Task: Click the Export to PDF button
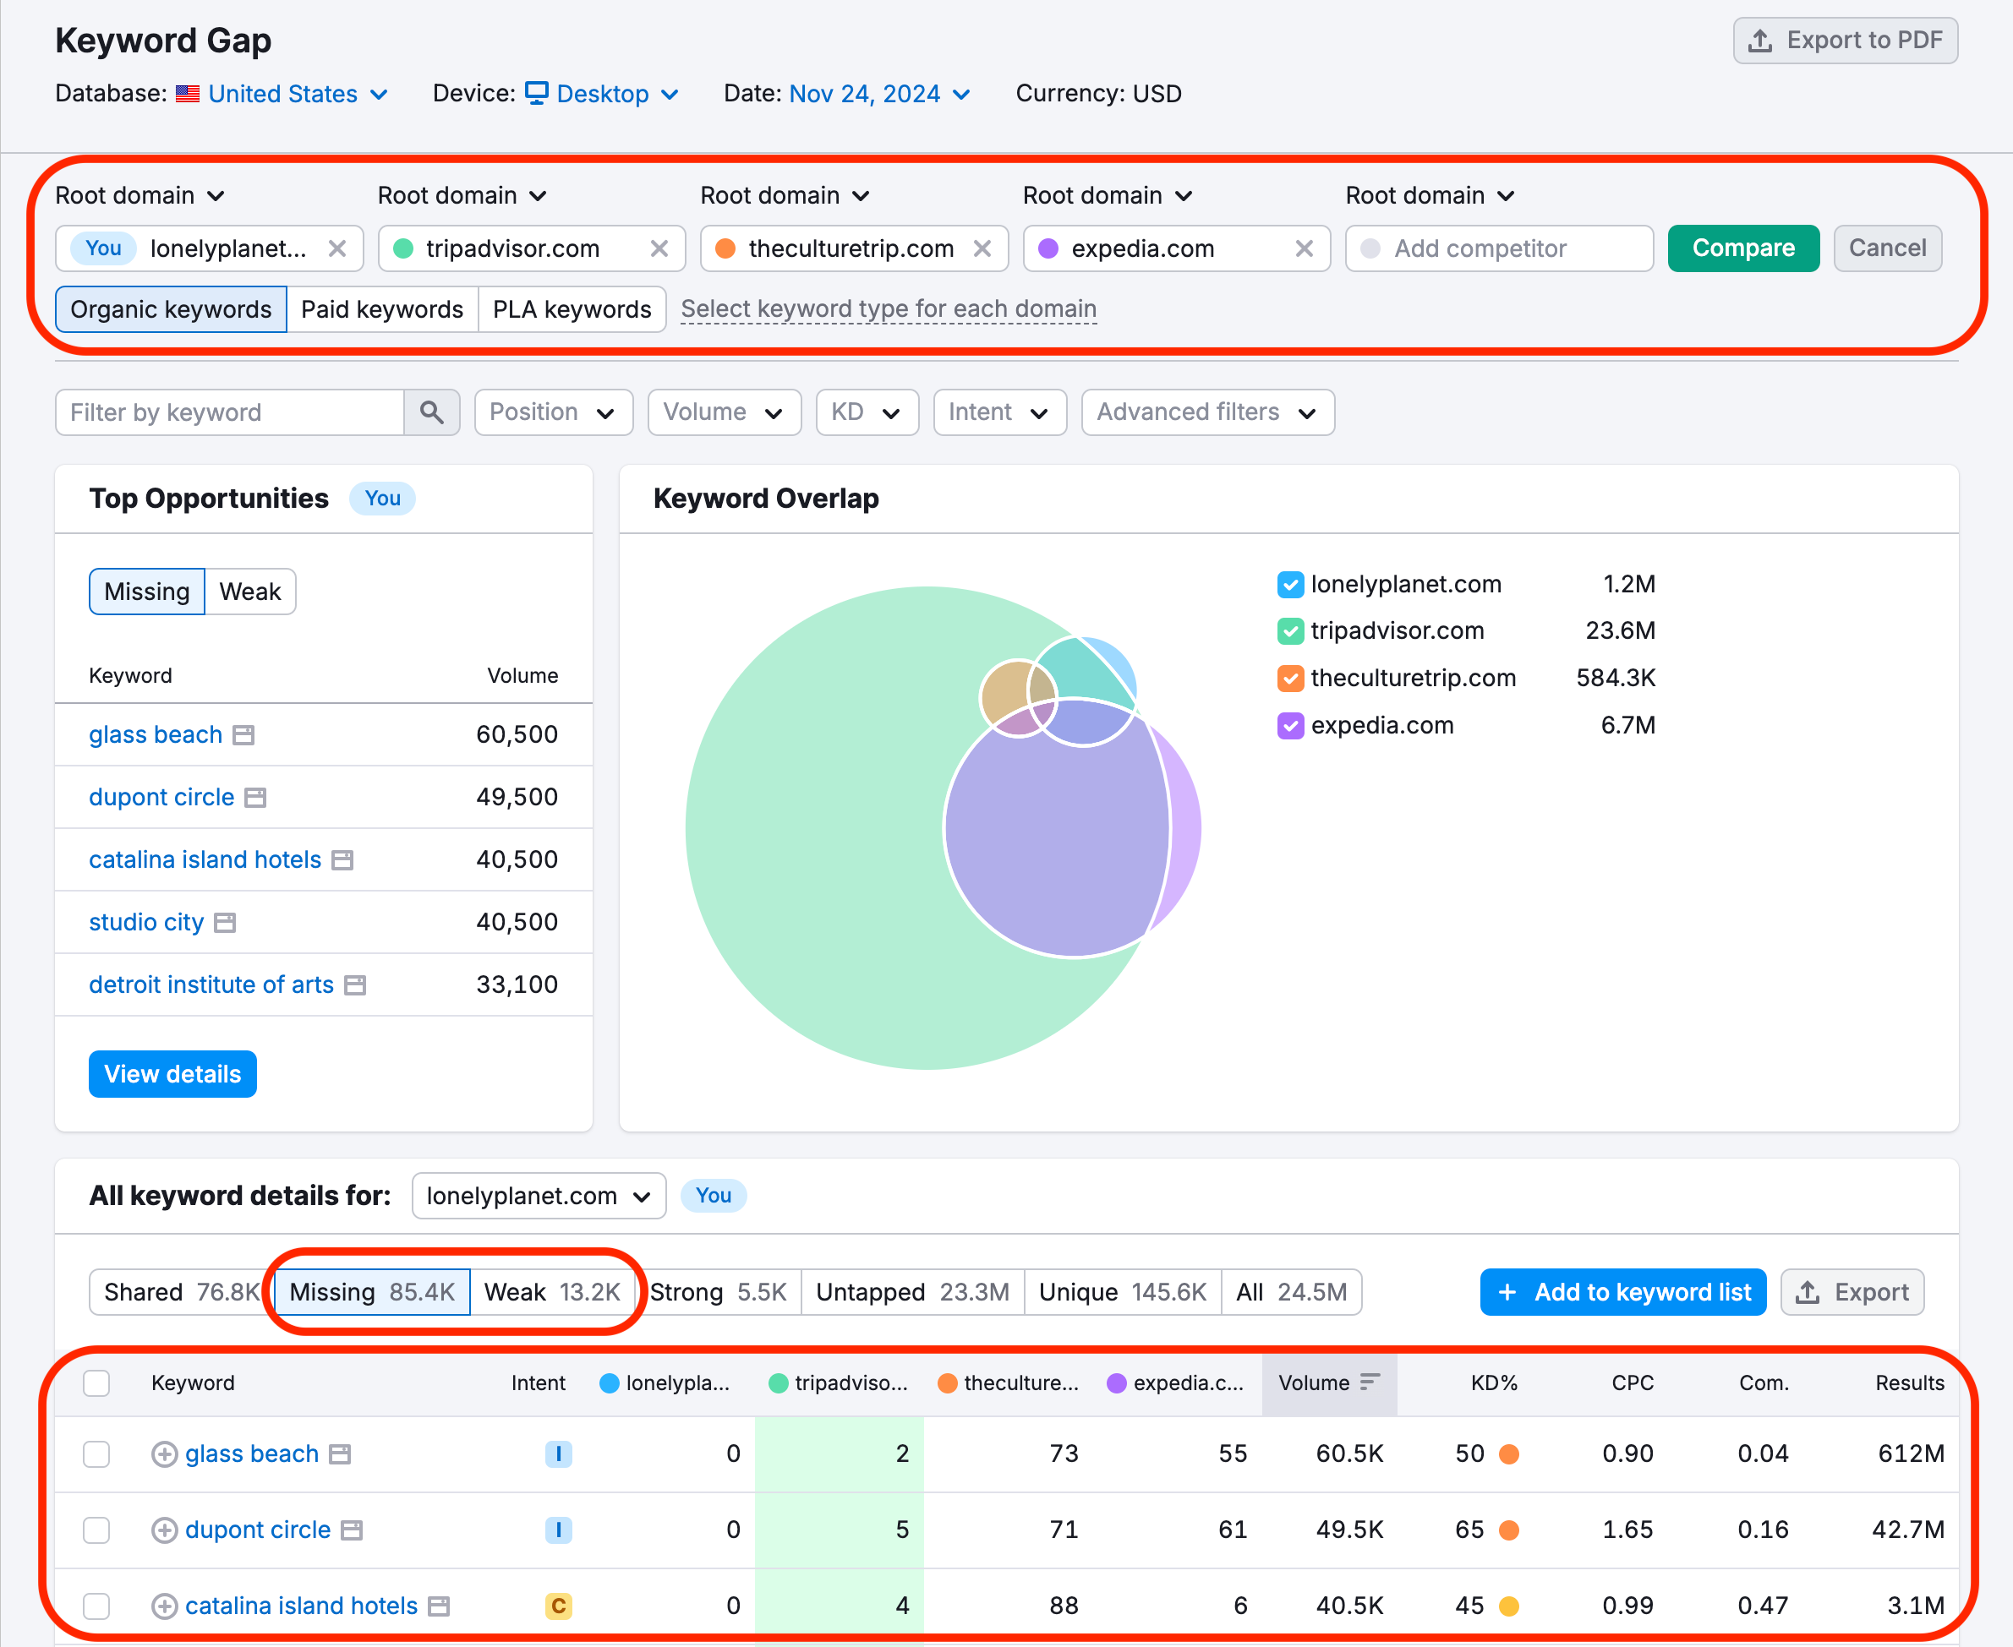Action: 1844,41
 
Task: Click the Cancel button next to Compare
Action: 1887,248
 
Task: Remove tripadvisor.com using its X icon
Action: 659,248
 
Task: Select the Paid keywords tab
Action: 381,309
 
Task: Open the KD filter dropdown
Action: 866,412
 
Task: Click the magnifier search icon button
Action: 432,412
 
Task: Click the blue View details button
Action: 172,1074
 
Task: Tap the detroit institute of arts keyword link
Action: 211,984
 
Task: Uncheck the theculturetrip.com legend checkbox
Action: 1290,679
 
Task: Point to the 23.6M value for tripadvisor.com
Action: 1619,631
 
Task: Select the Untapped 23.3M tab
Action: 912,1292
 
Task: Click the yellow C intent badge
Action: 558,1606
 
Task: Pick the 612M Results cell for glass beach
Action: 1910,1454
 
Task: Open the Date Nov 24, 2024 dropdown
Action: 878,94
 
